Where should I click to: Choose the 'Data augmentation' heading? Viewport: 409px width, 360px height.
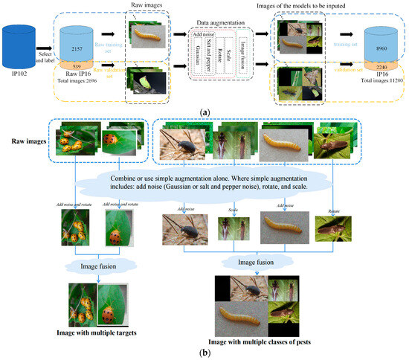click(222, 24)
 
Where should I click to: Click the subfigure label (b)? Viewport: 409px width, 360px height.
click(204, 353)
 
